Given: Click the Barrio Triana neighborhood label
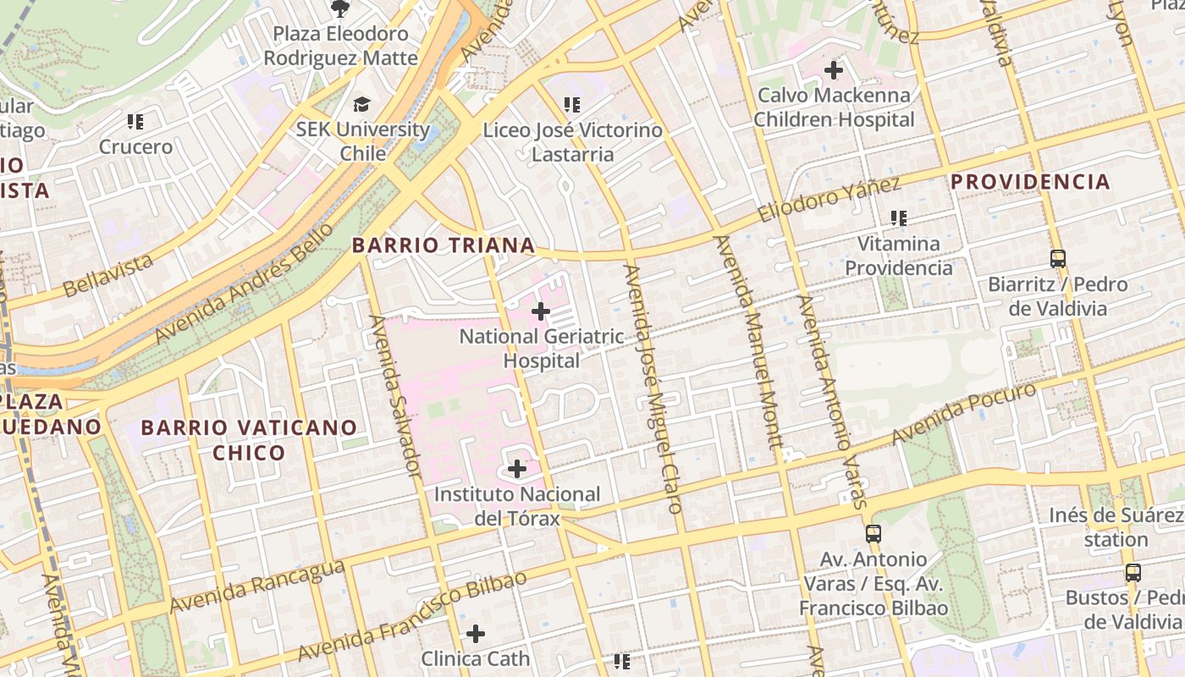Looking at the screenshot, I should (x=443, y=245).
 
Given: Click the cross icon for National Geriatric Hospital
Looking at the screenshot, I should (x=541, y=311).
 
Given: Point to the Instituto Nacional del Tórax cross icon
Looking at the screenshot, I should (x=517, y=469).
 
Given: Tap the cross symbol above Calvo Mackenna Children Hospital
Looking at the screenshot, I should (x=834, y=70).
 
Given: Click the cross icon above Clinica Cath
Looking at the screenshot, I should (x=476, y=633).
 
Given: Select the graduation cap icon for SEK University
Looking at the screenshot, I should (x=362, y=105).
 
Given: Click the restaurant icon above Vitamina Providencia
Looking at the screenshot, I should (x=899, y=218).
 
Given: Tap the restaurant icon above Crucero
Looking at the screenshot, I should (x=135, y=122).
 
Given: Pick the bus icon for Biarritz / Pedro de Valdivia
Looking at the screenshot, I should (x=1058, y=259).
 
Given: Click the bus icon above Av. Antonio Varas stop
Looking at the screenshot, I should (x=874, y=534).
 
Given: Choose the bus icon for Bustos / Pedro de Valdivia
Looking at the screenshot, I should (x=1133, y=573).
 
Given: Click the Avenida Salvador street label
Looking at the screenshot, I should (x=395, y=395).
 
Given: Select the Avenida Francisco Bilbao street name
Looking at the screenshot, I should (x=411, y=616).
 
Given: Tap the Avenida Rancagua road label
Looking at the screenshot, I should (x=256, y=586).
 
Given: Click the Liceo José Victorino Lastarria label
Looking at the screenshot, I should (x=572, y=142).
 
